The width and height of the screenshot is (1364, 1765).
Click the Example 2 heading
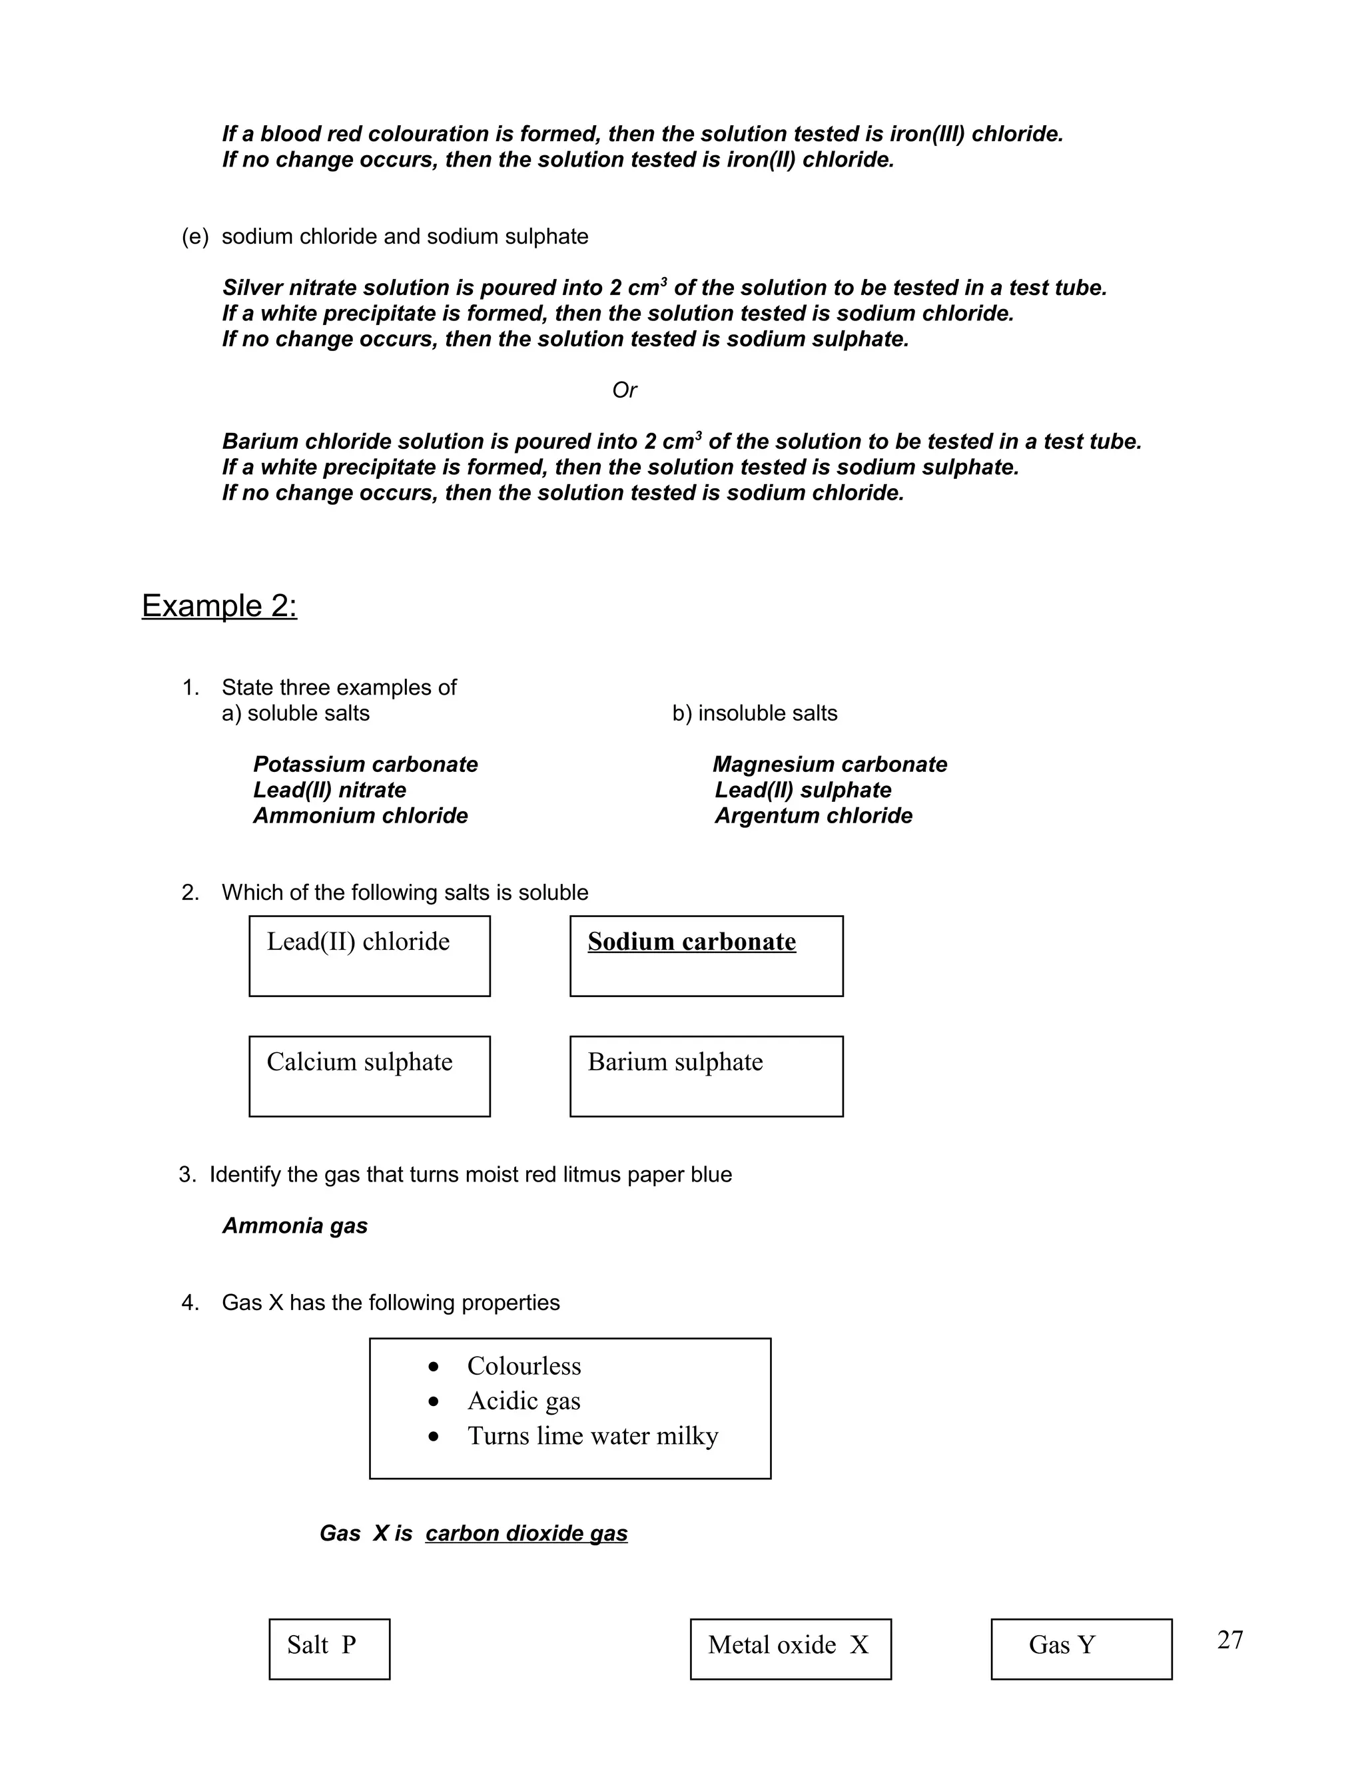pyautogui.click(x=219, y=606)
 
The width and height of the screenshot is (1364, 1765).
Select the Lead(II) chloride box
pyautogui.click(x=369, y=955)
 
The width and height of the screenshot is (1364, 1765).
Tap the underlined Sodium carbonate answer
pyautogui.click(x=692, y=942)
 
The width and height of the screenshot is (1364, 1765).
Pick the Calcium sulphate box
pyautogui.click(x=369, y=1076)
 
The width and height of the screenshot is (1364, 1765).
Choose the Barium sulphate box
pyautogui.click(x=705, y=1076)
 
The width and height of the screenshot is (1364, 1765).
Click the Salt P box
pyautogui.click(x=329, y=1648)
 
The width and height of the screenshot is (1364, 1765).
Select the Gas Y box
pyautogui.click(x=1080, y=1648)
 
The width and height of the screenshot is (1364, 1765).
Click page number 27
pyautogui.click(x=1230, y=1640)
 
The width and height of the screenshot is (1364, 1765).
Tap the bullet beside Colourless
pyautogui.click(x=434, y=1367)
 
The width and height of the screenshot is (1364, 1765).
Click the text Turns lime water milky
pyautogui.click(x=592, y=1436)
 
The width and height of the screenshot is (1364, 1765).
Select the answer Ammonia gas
pyautogui.click(x=295, y=1226)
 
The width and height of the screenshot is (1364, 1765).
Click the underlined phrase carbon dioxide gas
pyautogui.click(x=526, y=1533)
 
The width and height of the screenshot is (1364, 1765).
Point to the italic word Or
pyautogui.click(x=624, y=390)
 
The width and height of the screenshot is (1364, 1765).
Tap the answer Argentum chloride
pyautogui.click(x=813, y=815)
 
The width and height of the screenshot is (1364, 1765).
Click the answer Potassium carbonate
pyautogui.click(x=365, y=765)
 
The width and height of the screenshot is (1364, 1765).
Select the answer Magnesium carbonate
pyautogui.click(x=829, y=765)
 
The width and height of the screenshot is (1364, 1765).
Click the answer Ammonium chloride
pyautogui.click(x=360, y=815)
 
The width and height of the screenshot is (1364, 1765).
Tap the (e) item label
pyautogui.click(x=194, y=237)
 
